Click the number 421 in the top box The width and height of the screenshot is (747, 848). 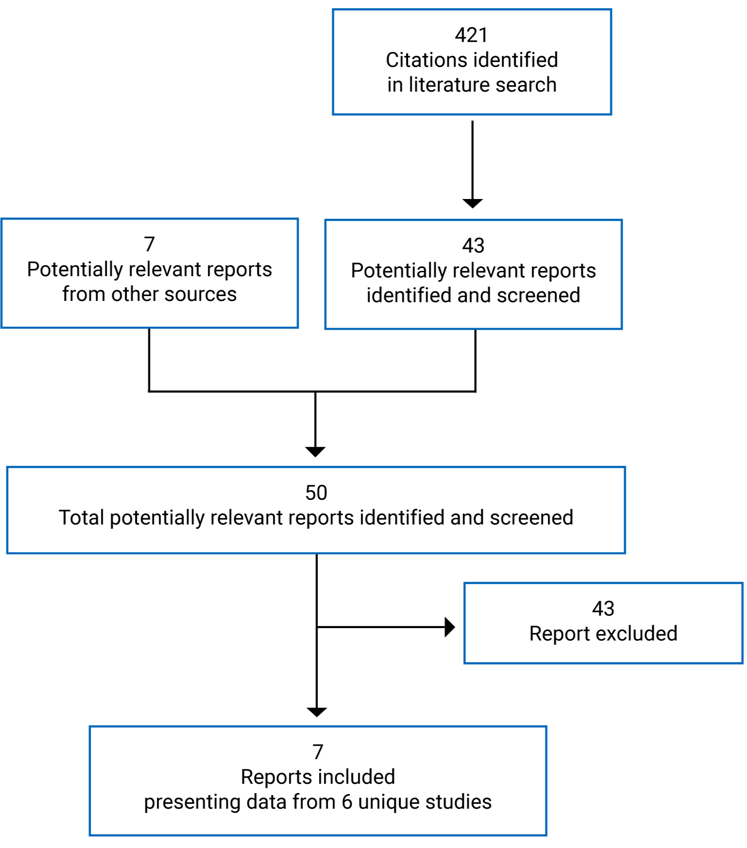point(471,35)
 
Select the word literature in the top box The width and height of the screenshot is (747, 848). point(449,85)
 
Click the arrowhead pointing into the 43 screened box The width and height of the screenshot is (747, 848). point(472,203)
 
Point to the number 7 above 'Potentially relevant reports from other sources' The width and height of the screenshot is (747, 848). point(149,244)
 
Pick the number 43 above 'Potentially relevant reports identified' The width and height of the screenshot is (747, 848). point(473,246)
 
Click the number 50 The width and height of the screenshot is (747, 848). point(316,493)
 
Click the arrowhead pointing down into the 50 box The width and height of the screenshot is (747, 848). point(315,451)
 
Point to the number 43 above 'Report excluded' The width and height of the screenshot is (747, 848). point(603,609)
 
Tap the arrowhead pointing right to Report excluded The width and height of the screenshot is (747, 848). point(450,627)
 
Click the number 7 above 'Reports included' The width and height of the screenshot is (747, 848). point(318,752)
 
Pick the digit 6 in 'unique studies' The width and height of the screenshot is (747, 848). point(346,802)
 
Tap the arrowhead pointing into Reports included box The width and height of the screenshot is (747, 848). point(317,712)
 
